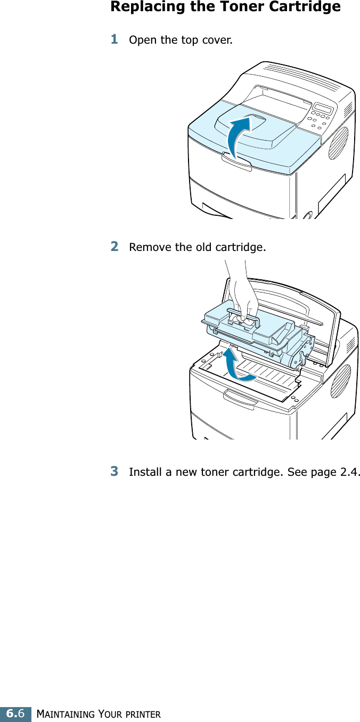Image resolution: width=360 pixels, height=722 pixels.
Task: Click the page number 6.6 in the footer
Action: [x=15, y=713]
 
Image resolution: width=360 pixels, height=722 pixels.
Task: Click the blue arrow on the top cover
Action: [x=238, y=137]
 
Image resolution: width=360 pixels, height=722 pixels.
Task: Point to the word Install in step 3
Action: [x=143, y=473]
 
